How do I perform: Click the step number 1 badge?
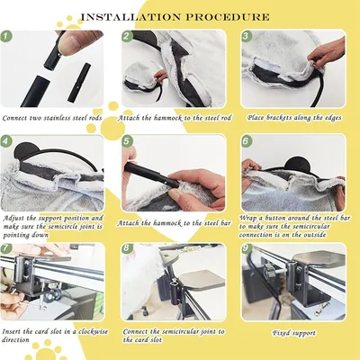tap(6, 37)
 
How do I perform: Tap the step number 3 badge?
tap(246, 36)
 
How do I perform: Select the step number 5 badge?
tap(128, 141)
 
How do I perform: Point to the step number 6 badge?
tap(246, 141)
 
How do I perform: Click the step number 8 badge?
tap(127, 247)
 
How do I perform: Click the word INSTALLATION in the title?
tap(131, 17)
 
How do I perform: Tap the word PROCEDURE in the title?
tap(228, 17)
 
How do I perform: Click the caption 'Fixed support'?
tap(294, 333)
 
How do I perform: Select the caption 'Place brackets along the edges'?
tap(294, 118)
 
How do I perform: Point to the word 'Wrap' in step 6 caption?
tap(247, 218)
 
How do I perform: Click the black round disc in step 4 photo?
tap(24, 151)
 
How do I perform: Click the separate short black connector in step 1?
tap(79, 83)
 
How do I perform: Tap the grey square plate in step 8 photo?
tap(203, 280)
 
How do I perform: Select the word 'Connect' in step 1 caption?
tap(15, 118)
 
